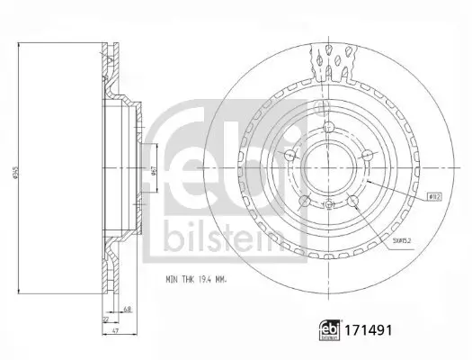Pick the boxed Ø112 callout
[432, 194]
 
